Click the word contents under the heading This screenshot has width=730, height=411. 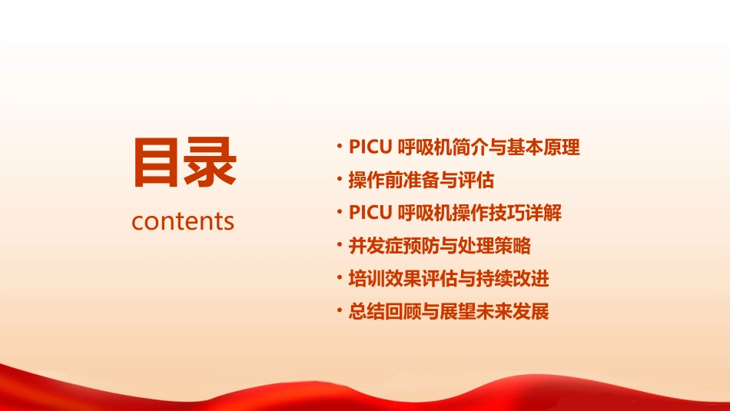(x=183, y=221)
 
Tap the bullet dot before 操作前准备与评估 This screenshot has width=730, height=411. (x=340, y=181)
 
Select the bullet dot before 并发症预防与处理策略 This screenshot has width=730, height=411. (x=340, y=246)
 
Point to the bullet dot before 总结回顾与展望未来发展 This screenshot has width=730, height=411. (x=340, y=312)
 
